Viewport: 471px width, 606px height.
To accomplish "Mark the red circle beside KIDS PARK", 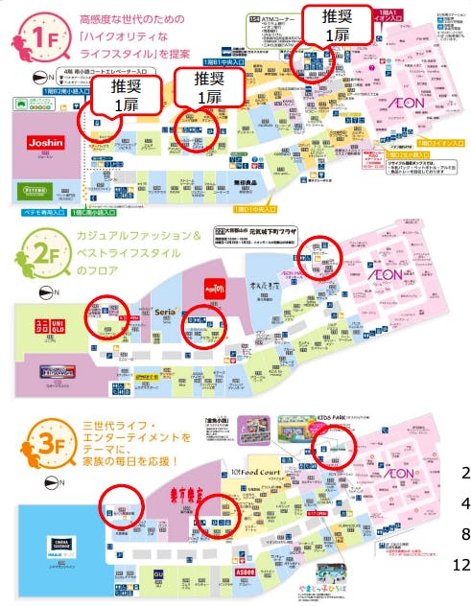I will coord(334,448).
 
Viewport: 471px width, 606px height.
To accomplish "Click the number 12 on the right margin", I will coord(460,566).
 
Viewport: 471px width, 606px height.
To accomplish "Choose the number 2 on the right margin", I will coord(464,472).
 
